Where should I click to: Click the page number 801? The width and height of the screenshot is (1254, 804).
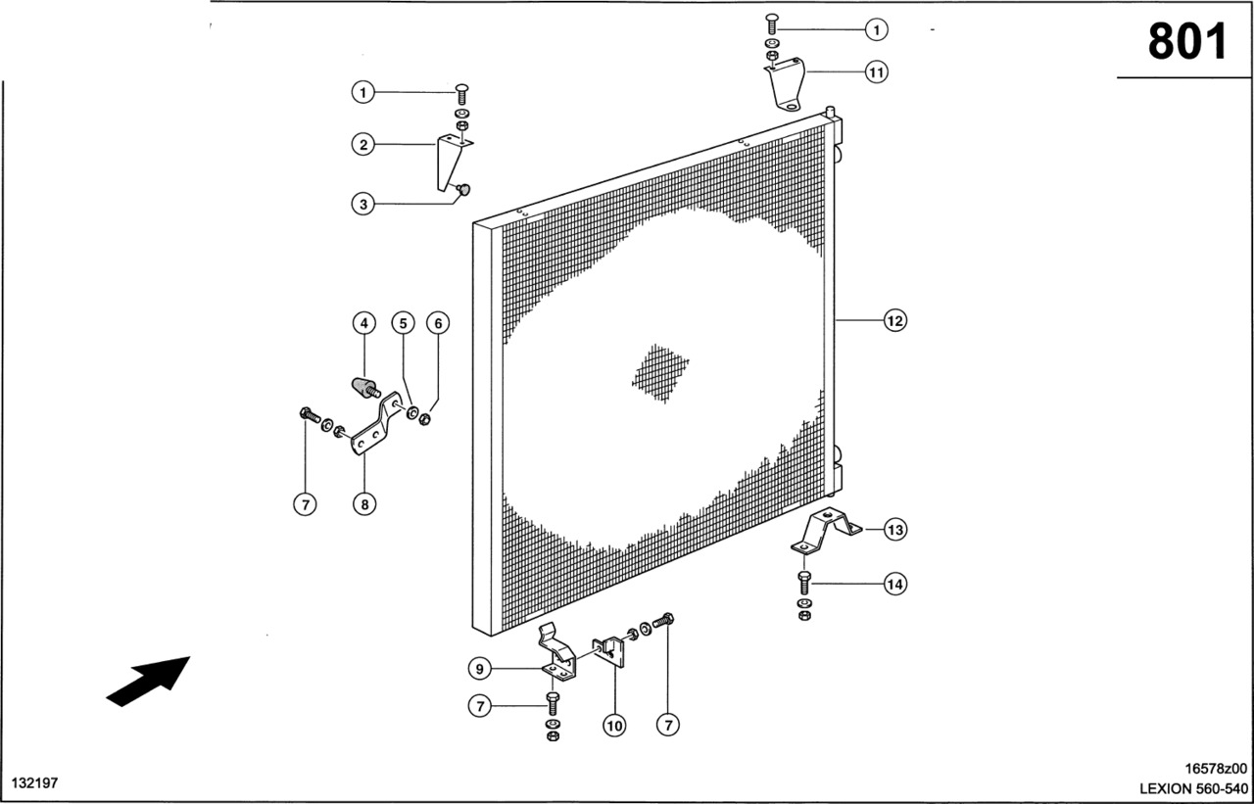1186,42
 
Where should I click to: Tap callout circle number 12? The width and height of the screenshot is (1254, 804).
895,320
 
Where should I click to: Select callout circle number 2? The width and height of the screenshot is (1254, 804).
363,145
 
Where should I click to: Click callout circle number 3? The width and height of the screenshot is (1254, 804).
363,205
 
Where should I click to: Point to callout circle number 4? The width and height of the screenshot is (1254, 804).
364,323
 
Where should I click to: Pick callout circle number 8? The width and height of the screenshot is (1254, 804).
364,504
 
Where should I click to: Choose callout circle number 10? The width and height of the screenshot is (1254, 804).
614,726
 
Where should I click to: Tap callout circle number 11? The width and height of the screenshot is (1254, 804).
876,72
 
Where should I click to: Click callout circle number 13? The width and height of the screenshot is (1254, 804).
895,529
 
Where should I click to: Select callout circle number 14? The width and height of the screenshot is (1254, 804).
895,584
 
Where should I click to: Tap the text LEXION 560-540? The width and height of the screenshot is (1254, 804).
1194,789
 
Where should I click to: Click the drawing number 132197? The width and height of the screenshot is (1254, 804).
34,782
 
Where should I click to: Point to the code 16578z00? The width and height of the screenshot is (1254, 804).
1216,768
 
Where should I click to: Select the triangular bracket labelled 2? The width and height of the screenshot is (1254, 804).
453,162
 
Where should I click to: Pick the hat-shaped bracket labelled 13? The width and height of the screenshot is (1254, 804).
826,530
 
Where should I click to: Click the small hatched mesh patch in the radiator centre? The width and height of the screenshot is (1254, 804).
660,373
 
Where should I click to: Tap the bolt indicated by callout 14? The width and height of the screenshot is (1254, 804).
804,583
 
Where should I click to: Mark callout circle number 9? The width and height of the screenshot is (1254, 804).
480,669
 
